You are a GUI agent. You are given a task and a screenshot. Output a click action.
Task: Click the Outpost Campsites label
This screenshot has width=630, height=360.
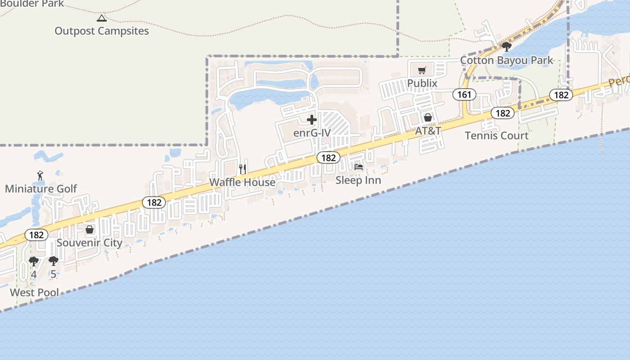102,31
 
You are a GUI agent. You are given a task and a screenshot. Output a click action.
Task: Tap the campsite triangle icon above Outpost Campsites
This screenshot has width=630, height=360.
102,18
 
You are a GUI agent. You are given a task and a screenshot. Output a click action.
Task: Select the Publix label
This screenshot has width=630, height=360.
422,83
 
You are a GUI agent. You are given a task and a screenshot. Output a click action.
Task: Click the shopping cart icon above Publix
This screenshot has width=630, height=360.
422,71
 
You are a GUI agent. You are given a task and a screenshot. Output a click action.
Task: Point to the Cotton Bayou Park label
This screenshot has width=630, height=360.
507,60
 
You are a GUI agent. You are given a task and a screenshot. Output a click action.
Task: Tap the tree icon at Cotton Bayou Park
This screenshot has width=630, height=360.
507,47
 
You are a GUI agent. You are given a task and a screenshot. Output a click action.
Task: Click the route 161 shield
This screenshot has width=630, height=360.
464,94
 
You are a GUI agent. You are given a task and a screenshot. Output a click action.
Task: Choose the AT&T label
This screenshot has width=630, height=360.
428,131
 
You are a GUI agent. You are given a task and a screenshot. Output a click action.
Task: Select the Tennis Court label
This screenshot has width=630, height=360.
497,135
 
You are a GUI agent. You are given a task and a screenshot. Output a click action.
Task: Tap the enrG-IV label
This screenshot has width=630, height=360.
312,133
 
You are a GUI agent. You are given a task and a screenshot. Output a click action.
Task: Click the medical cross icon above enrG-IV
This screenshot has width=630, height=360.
312,120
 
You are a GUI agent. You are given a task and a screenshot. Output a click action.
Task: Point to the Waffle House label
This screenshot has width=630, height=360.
243,182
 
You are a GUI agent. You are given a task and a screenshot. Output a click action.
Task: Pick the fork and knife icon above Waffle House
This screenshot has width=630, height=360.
243,169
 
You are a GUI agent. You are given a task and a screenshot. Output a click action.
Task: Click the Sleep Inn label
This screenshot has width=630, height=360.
358,180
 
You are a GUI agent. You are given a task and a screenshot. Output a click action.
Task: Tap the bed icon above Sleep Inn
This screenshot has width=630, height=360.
359,167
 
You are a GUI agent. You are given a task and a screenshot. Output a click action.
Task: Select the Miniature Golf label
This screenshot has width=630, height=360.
41,189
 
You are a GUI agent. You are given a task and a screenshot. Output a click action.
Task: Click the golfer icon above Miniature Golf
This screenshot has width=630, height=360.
40,175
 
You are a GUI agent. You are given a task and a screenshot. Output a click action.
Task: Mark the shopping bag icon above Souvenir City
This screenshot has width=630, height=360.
90,230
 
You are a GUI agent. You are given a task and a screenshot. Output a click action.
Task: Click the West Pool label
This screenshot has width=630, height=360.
34,292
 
